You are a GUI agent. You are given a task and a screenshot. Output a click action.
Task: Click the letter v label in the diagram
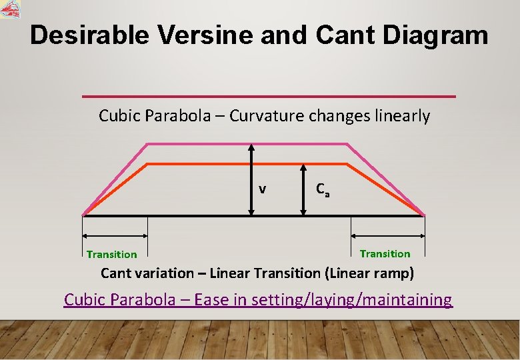[x=263, y=189]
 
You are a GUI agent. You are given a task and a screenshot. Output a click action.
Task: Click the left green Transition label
[x=112, y=254]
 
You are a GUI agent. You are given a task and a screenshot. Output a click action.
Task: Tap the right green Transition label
[x=385, y=253]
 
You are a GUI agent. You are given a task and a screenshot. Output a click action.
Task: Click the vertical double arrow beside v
[x=251, y=179]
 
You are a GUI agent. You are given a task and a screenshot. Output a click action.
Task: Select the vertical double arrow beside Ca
[x=303, y=189]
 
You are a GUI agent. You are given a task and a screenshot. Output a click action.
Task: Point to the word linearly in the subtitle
[x=402, y=116]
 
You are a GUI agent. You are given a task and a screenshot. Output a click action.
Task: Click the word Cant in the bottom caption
[x=115, y=273]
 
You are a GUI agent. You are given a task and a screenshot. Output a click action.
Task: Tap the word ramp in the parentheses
[x=394, y=273]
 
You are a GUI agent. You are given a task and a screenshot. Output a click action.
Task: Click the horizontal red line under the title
[x=269, y=97]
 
